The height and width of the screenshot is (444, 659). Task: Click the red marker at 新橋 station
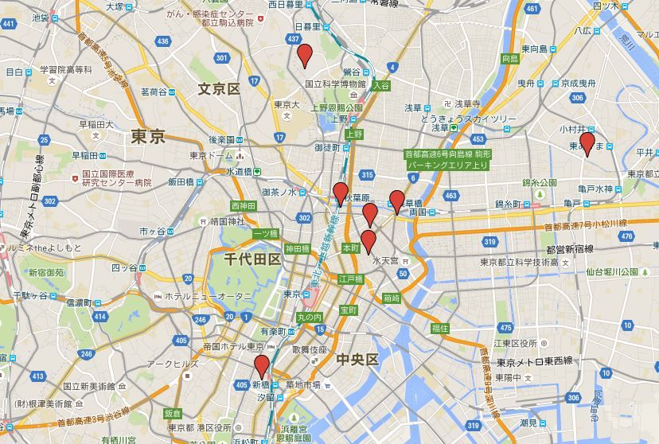[261, 368]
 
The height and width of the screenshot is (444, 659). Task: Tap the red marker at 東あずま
[587, 144]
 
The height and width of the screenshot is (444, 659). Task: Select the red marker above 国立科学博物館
[304, 56]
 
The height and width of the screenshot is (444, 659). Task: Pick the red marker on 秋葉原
[341, 193]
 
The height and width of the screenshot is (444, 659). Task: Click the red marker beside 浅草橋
[396, 202]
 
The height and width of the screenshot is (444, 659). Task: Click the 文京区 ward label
[219, 88]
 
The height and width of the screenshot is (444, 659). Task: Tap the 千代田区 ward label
[252, 259]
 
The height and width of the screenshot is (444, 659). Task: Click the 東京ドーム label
[212, 155]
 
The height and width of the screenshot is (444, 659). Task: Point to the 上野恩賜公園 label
[337, 107]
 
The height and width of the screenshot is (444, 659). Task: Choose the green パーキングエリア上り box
[447, 165]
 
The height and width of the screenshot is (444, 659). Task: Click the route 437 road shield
[293, 38]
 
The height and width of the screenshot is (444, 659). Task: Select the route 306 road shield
[573, 397]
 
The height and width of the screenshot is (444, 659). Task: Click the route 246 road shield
[85, 353]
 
